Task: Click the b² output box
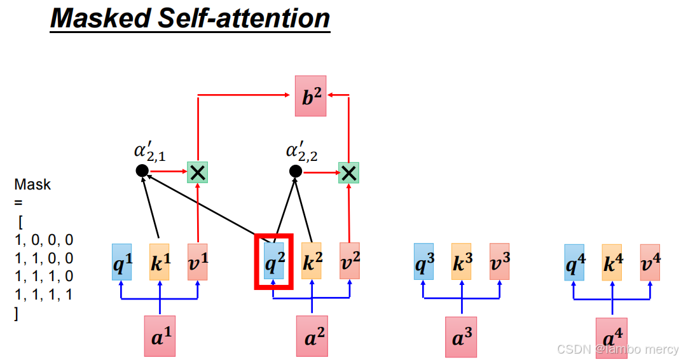tap(310, 95)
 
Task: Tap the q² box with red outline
tap(274, 261)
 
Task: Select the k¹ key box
tap(160, 261)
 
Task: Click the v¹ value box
tap(198, 261)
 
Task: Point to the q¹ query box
tap(121, 261)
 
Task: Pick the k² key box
tap(311, 261)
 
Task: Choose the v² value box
tap(349, 261)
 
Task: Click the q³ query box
tap(423, 261)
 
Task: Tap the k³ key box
tap(461, 261)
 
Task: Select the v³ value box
tap(499, 261)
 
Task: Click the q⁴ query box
tap(574, 261)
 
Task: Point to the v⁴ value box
tap(650, 261)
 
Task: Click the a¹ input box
tap(160, 335)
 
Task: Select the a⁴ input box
tap(612, 338)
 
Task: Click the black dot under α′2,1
tap(142, 170)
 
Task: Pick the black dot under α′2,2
tap(295, 170)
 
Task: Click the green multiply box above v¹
tap(198, 172)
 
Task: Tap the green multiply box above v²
tap(348, 172)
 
